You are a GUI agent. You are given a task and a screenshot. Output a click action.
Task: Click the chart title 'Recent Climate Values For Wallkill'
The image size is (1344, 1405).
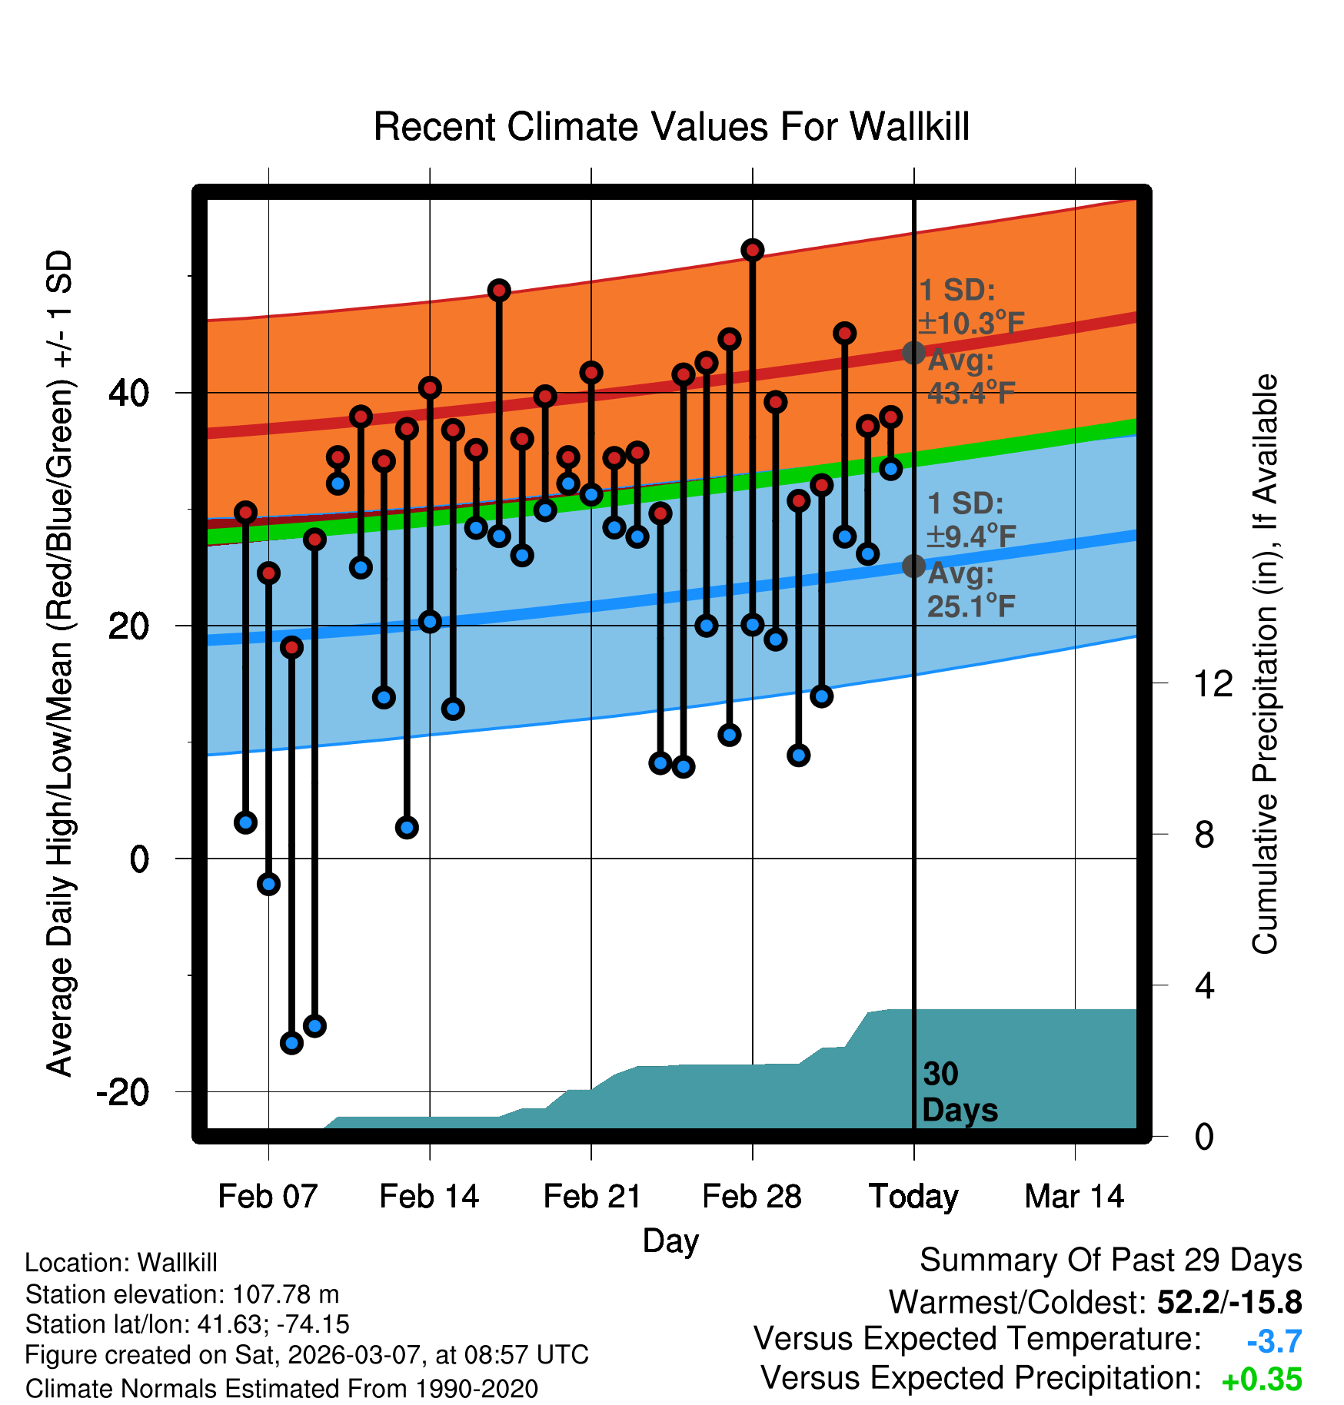coord(671,127)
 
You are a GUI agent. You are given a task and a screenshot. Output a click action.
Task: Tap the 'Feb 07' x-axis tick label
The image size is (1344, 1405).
coord(268,1197)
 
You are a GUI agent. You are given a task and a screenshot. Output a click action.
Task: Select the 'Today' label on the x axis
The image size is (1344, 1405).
coord(913,1197)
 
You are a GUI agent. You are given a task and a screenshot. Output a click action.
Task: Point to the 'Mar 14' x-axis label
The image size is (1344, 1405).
coord(1074,1197)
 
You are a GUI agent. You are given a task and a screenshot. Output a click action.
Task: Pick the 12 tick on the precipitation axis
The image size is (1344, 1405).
coord(1213,683)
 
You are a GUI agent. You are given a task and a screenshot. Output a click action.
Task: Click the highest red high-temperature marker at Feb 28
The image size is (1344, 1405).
coord(753,250)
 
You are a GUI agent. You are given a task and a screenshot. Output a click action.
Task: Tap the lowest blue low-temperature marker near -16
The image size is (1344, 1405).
coord(291,1043)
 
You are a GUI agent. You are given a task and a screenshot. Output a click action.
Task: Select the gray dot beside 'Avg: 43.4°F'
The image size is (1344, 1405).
coord(913,353)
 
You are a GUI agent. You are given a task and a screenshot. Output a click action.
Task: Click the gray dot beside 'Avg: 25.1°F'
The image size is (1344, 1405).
coord(913,566)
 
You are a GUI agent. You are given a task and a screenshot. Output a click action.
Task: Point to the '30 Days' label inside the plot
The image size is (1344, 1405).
coord(959,1092)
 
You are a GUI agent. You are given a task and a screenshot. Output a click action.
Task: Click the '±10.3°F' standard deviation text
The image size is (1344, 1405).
coord(972,324)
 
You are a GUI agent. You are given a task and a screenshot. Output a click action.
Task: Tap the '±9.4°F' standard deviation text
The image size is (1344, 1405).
coord(972,536)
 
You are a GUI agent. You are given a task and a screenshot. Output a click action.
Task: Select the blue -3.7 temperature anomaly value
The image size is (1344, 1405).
coord(1274,1341)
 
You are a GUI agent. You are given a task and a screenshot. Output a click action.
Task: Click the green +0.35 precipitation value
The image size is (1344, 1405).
coord(1262,1380)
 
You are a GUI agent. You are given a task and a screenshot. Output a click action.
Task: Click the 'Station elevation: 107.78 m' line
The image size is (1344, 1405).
coord(182,1294)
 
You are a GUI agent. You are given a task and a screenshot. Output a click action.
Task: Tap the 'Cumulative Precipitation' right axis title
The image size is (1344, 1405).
coord(1265,665)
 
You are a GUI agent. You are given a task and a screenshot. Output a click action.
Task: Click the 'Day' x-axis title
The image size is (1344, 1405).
coord(670,1241)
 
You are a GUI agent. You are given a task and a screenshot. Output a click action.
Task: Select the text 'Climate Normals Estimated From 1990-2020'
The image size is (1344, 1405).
coord(281,1389)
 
